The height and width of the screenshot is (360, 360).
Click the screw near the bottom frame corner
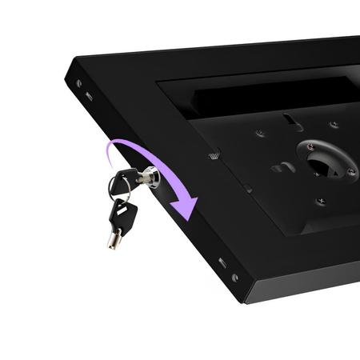pyautogui.click(x=234, y=278)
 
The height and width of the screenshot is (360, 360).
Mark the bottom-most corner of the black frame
pyautogui.click(x=243, y=302)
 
